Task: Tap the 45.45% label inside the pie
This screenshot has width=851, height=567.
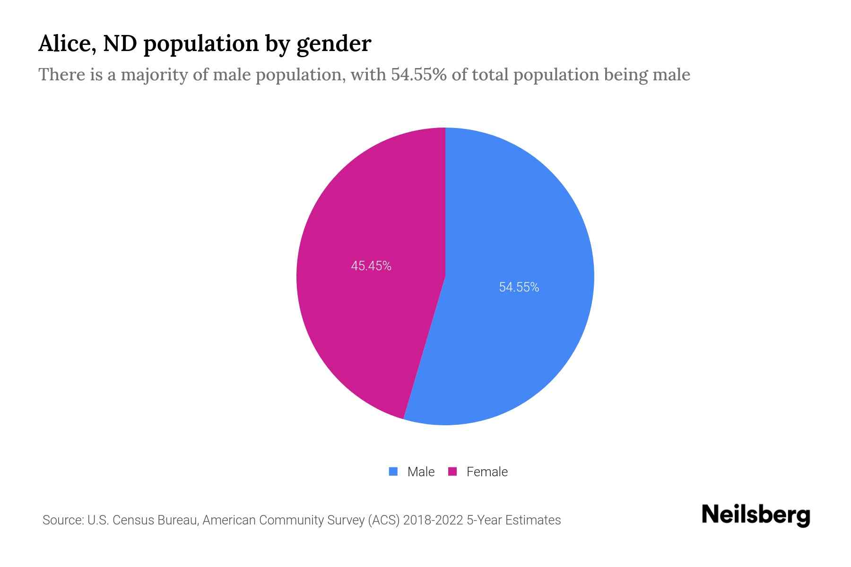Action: (371, 266)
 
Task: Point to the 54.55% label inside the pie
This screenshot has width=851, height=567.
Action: (519, 287)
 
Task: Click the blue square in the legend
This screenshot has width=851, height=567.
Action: (393, 472)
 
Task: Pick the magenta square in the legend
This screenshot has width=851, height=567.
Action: (452, 472)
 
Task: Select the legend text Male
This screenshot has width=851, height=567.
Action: (421, 472)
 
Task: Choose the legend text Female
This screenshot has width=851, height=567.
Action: (487, 472)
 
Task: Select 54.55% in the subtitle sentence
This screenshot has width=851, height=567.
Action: (418, 75)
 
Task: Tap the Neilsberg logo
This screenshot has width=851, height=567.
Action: (755, 515)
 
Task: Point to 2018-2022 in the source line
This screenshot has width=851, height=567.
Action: (433, 520)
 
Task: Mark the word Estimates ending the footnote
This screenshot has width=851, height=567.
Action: (533, 520)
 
